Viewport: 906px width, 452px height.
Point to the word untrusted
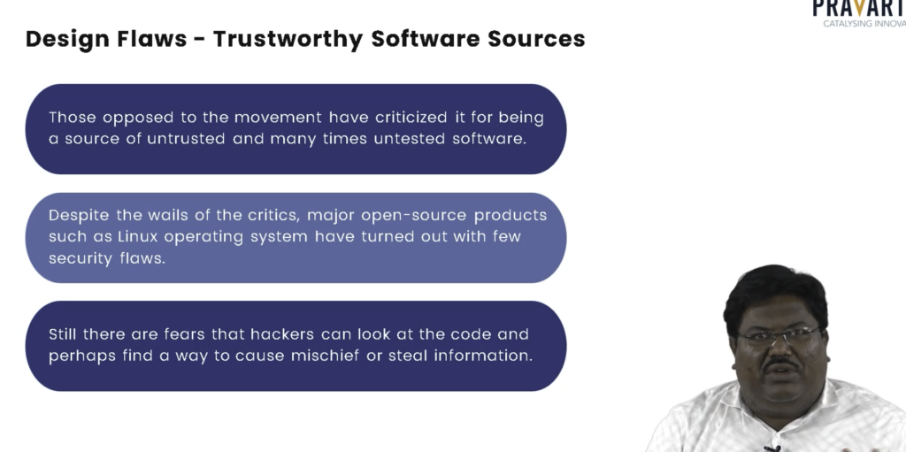click(x=186, y=139)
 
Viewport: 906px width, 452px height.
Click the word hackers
click(x=282, y=334)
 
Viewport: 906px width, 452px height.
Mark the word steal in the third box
click(x=408, y=356)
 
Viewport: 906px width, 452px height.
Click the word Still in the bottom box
click(x=63, y=334)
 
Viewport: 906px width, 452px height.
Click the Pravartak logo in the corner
click(x=859, y=12)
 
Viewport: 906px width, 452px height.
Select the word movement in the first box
click(x=278, y=118)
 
